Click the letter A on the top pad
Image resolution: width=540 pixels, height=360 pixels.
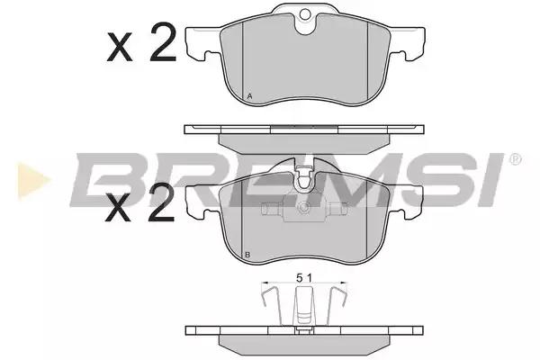pyautogui.click(x=249, y=96)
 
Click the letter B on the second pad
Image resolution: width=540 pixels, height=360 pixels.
pyautogui.click(x=247, y=255)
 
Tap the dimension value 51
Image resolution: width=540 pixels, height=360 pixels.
pyautogui.click(x=304, y=278)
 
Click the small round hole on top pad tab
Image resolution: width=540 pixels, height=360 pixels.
pyautogui.click(x=305, y=14)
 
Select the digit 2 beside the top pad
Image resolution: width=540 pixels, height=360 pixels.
pyautogui.click(x=163, y=42)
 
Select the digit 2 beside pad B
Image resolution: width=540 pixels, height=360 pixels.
pyautogui.click(x=161, y=202)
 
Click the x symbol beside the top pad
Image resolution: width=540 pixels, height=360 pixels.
pyautogui.click(x=120, y=47)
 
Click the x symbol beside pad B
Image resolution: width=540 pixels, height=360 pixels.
pyautogui.click(x=119, y=207)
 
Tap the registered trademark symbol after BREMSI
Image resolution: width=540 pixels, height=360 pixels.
pyautogui.click(x=515, y=159)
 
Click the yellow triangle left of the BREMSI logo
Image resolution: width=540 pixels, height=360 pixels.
pyautogui.click(x=32, y=180)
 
